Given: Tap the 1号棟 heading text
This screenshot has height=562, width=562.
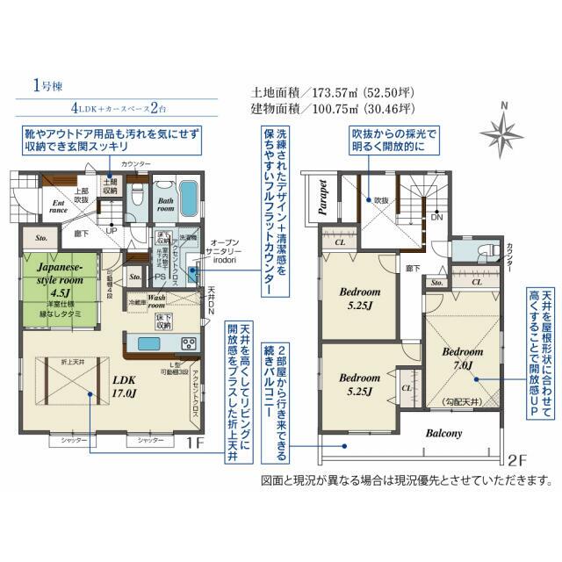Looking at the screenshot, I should point(47,86).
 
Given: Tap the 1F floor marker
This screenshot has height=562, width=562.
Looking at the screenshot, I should point(195,444).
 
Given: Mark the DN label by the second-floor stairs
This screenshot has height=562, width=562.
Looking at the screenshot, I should point(436,217).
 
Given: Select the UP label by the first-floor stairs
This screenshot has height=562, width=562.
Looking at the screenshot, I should point(112,230).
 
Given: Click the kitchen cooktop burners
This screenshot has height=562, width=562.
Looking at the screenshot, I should point(188,342).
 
